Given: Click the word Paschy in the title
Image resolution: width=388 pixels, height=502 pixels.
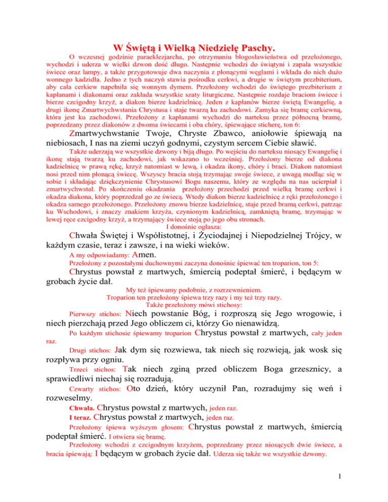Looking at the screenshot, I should pos(257,48).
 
